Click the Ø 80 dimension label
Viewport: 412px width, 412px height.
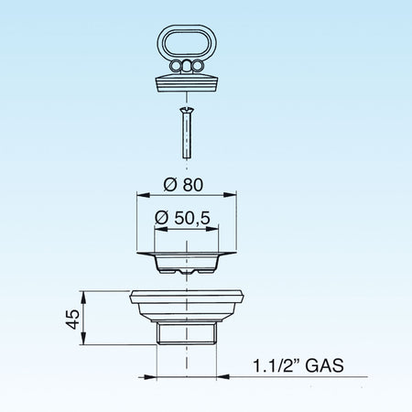pyautogui.click(x=183, y=185)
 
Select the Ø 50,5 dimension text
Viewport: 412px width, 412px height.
pyautogui.click(x=182, y=218)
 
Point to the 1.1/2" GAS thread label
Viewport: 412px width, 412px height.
pyautogui.click(x=298, y=365)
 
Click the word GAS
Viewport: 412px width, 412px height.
pyautogui.click(x=324, y=365)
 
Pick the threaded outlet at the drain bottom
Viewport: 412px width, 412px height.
pyautogui.click(x=187, y=333)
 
